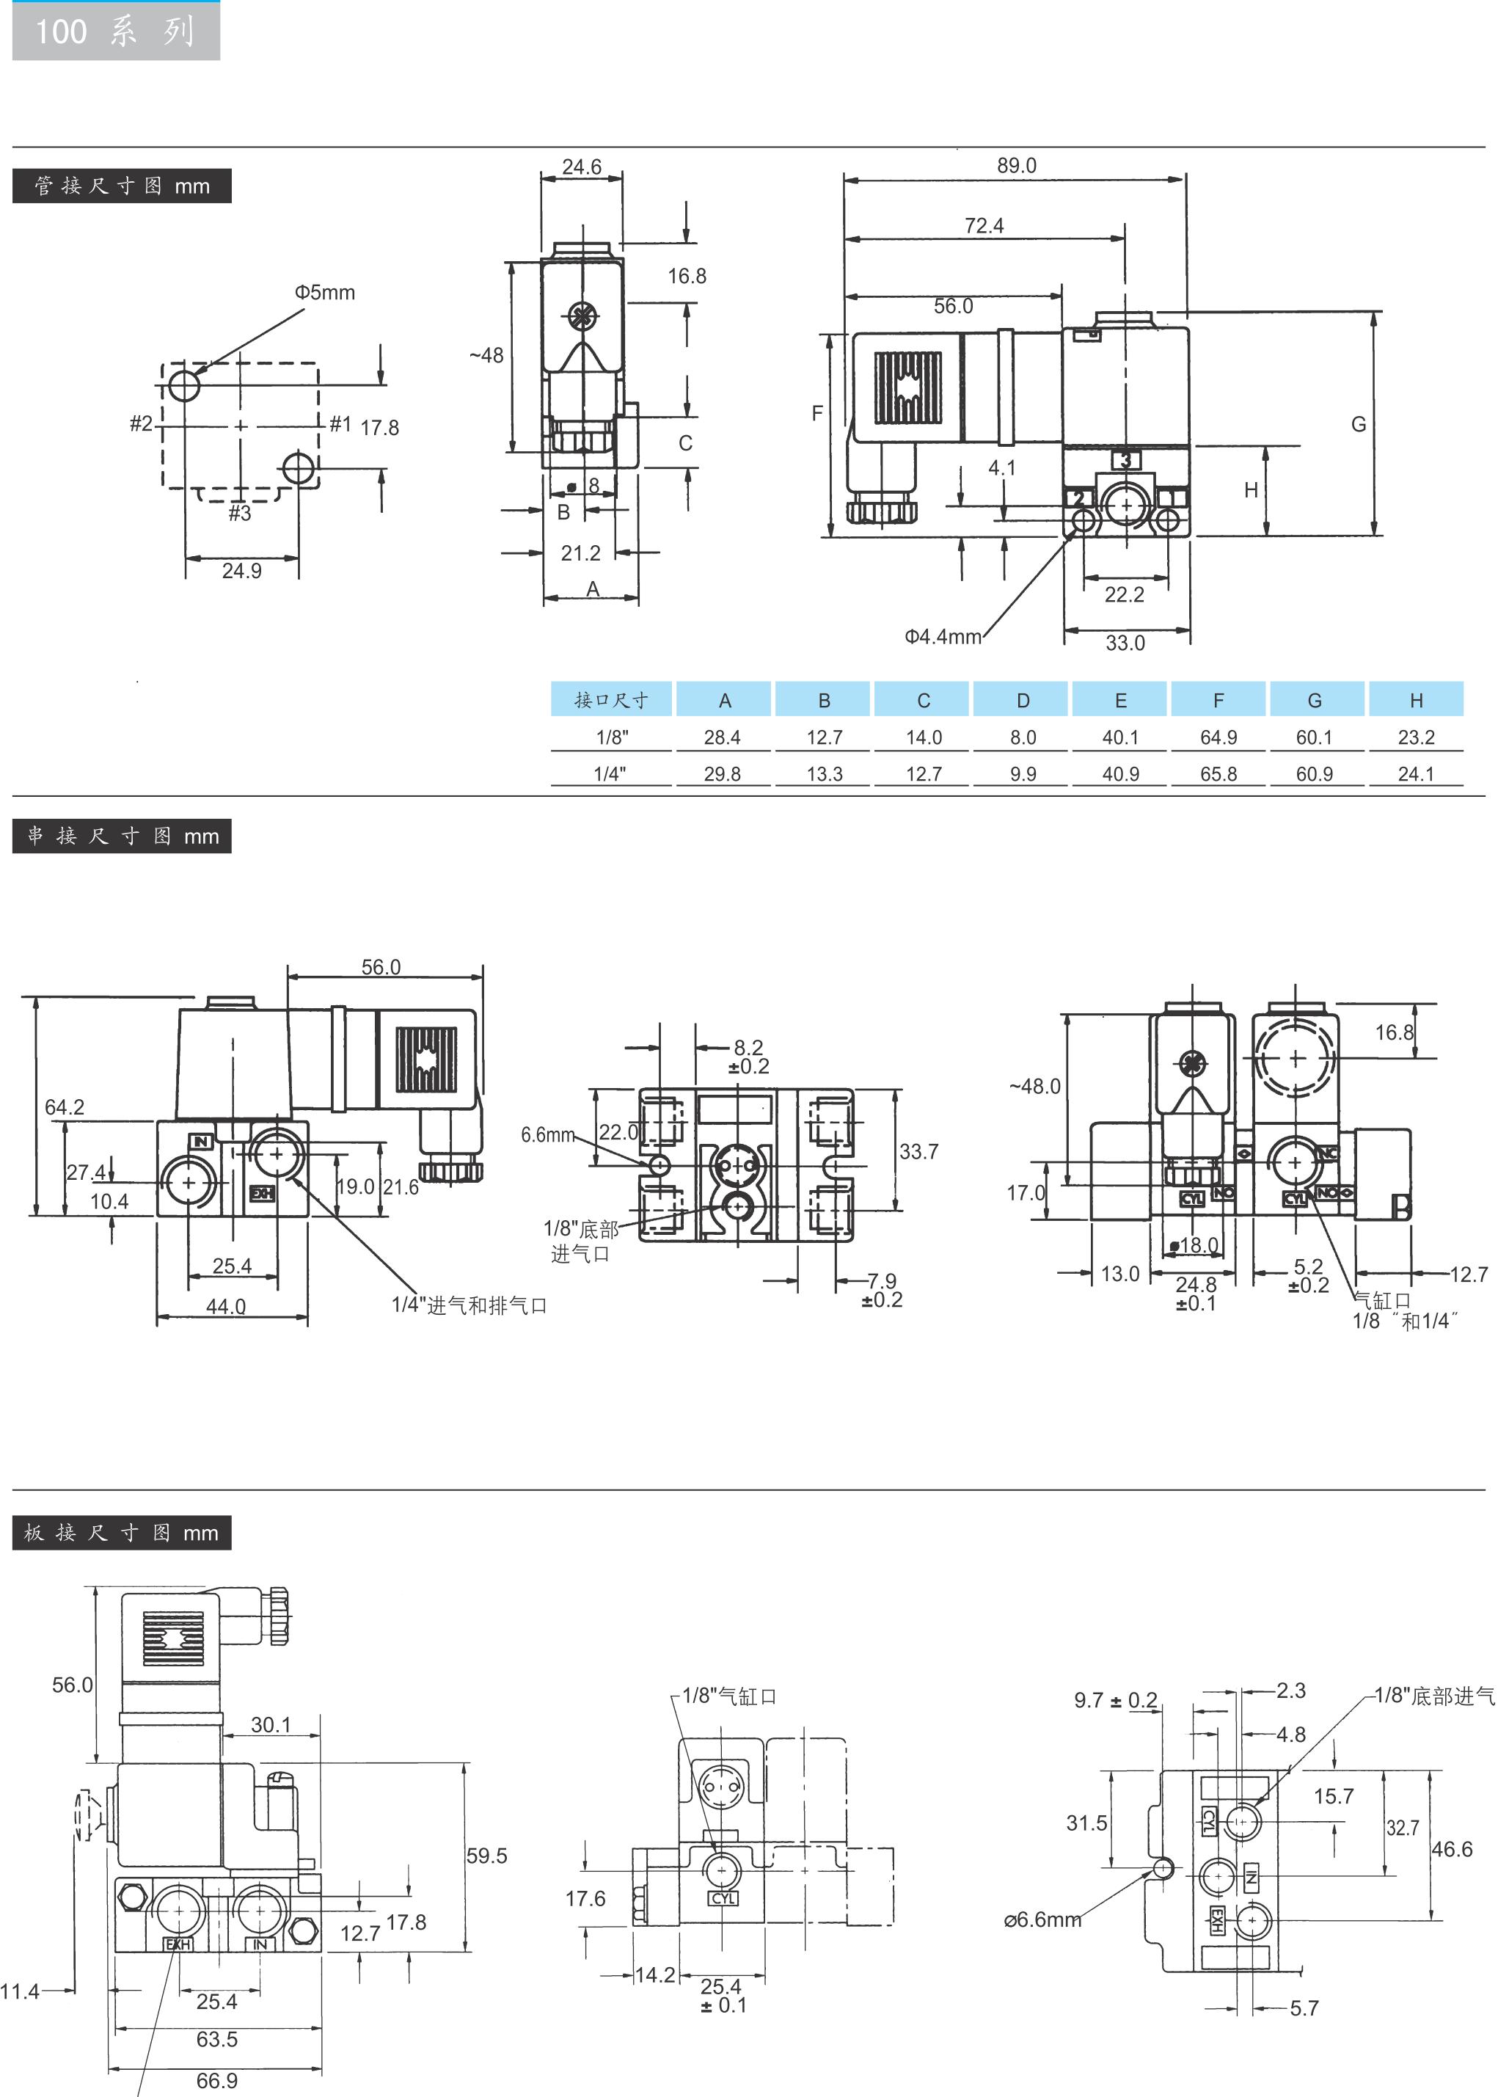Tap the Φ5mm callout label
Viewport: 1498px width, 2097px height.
(325, 293)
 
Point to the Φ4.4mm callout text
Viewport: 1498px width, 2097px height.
(943, 637)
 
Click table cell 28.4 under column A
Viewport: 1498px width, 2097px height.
(723, 737)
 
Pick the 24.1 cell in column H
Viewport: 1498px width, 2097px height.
(1416, 774)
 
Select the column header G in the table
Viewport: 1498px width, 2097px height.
(1315, 700)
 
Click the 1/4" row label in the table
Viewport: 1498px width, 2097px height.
(610, 774)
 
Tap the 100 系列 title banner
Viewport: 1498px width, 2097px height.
(116, 32)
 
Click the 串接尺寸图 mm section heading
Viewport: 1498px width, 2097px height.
(122, 836)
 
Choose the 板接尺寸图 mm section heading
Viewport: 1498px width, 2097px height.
(122, 1532)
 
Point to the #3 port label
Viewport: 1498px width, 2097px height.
(240, 513)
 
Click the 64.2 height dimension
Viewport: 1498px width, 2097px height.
(65, 1106)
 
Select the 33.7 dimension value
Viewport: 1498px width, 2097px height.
(918, 1151)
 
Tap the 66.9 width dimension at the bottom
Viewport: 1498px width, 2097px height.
(216, 2080)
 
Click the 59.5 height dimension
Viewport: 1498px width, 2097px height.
(487, 1856)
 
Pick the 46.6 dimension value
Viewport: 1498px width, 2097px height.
(1452, 1849)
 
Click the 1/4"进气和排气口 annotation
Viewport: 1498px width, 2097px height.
(470, 1305)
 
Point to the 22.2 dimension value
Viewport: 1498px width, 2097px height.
(1125, 594)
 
